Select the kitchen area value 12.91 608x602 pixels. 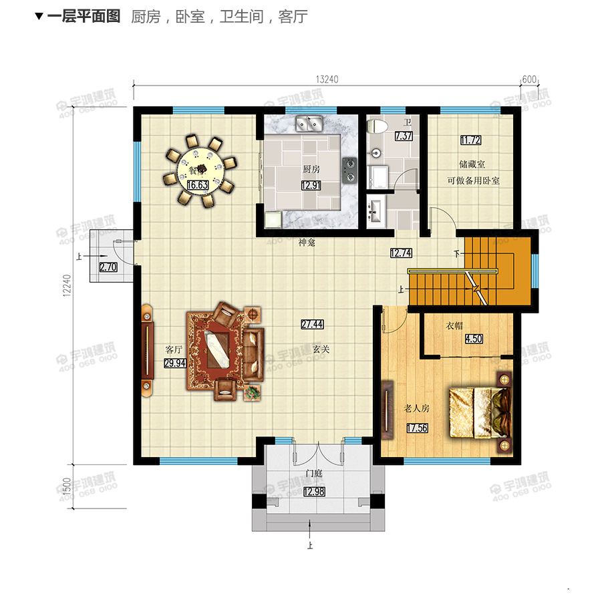point(311,187)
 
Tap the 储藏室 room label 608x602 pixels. point(472,164)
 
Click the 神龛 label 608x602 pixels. point(306,244)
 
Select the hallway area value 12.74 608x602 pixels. point(402,253)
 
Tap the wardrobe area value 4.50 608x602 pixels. point(473,339)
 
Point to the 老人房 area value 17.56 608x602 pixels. point(416,428)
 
